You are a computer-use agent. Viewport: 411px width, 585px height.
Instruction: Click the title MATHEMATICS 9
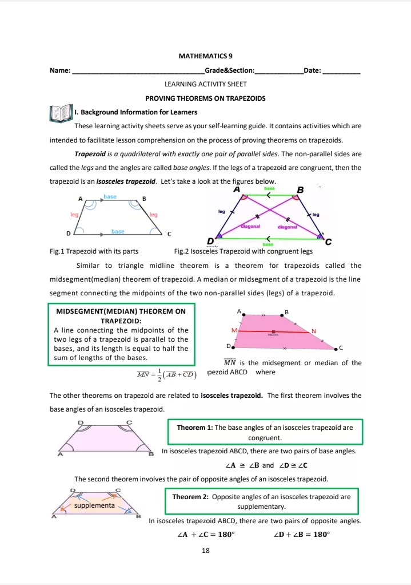205,56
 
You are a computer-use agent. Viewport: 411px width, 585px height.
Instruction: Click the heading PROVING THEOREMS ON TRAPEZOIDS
205,98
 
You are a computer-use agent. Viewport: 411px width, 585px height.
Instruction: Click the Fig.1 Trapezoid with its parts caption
94,251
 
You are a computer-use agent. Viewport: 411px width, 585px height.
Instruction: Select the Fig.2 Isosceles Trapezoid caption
243,251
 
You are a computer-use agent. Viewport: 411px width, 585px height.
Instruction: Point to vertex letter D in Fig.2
210,241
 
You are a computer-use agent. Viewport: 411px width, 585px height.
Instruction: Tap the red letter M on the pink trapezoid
233,331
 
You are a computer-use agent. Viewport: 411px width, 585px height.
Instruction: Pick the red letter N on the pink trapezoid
313,331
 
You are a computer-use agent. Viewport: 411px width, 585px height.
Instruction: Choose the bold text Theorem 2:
190,497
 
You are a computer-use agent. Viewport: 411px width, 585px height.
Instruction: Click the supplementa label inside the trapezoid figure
94,505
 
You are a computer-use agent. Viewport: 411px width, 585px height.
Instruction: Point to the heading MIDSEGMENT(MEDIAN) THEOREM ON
121,311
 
